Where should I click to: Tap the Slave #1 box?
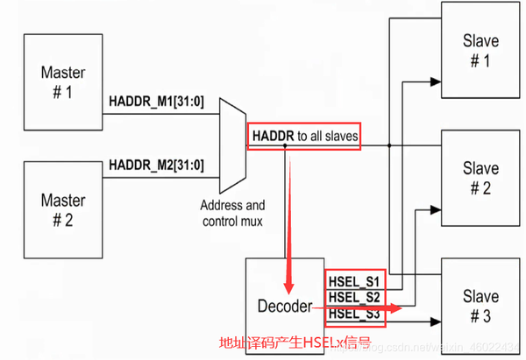(480, 50)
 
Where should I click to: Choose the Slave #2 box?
(480, 179)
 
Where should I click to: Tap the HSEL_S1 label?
(354, 281)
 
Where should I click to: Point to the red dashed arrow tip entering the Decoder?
(288, 288)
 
